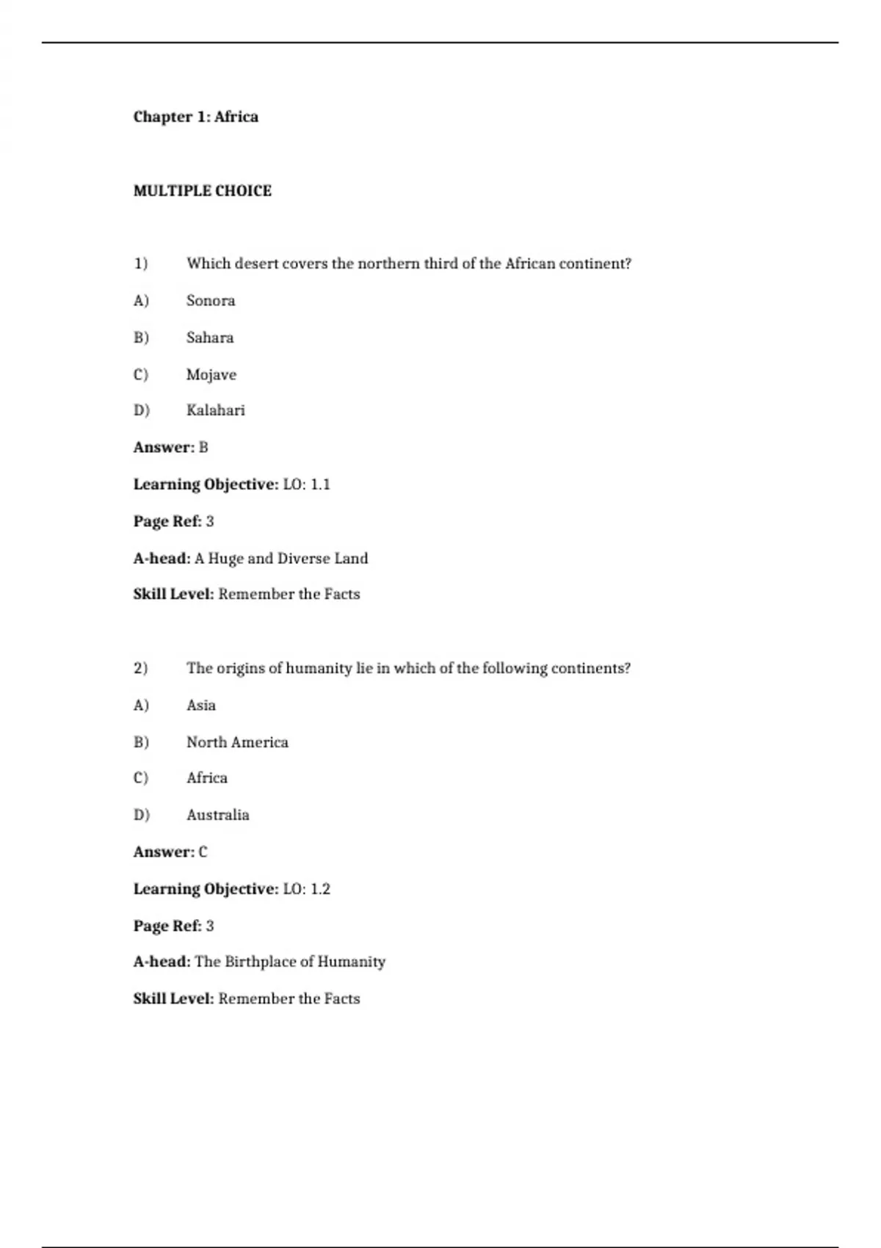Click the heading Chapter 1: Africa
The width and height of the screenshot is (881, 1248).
click(195, 117)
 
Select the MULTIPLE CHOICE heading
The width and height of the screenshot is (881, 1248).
click(202, 191)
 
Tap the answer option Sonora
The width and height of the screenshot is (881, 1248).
click(211, 300)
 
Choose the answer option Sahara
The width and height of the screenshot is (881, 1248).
click(210, 338)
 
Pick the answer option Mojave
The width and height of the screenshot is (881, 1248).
click(211, 374)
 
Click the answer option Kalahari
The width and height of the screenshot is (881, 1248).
click(215, 410)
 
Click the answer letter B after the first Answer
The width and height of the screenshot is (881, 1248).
click(203, 447)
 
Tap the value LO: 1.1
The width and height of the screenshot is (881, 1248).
click(306, 485)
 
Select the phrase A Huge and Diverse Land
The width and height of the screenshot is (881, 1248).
click(281, 559)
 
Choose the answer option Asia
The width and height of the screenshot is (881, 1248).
click(201, 705)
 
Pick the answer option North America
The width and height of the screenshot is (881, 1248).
click(237, 742)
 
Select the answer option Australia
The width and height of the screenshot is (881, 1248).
click(217, 815)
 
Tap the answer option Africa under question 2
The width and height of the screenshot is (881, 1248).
click(207, 778)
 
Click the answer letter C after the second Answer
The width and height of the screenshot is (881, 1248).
click(203, 852)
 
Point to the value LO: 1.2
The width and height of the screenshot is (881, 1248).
click(306, 889)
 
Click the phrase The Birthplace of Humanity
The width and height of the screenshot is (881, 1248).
click(290, 962)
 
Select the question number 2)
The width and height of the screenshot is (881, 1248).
click(140, 668)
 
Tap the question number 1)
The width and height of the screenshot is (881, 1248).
click(140, 264)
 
